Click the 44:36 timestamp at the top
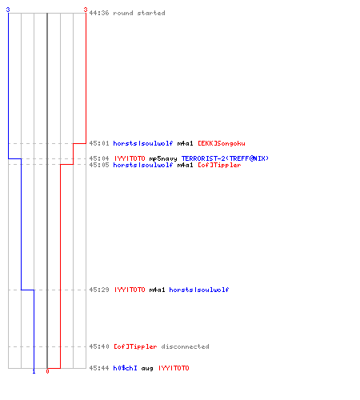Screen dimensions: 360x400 pyautogui.click(x=99, y=13)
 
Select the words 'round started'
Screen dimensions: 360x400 pyautogui.click(x=139, y=13)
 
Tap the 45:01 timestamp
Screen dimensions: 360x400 pyautogui.click(x=99, y=143)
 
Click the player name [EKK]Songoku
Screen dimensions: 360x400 pyautogui.click(x=222, y=143)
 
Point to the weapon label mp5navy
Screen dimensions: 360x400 pyautogui.click(x=163, y=158)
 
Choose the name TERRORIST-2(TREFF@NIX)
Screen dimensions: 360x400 pyautogui.click(x=225, y=158)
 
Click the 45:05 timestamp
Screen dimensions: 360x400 pyautogui.click(x=99, y=165)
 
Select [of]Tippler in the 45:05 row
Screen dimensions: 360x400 pyautogui.click(x=219, y=165)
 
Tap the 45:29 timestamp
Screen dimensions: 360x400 pyautogui.click(x=99, y=290)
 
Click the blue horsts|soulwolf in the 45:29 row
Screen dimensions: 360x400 pyautogui.click(x=199, y=290)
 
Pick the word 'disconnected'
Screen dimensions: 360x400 pyautogui.click(x=185, y=346)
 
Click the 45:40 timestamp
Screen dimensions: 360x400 pyautogui.click(x=99, y=346)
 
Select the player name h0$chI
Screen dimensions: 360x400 pyautogui.click(x=125, y=368)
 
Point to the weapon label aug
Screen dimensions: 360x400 pyautogui.click(x=147, y=369)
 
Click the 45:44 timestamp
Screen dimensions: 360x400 pyautogui.click(x=99, y=368)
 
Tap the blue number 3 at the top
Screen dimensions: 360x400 pyautogui.click(x=8, y=10)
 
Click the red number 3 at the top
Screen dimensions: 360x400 pyautogui.click(x=86, y=10)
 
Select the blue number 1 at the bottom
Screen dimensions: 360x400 pyautogui.click(x=34, y=371)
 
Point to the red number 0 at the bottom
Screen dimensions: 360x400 pyautogui.click(x=47, y=371)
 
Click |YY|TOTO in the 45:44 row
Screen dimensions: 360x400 pyautogui.click(x=174, y=368)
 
